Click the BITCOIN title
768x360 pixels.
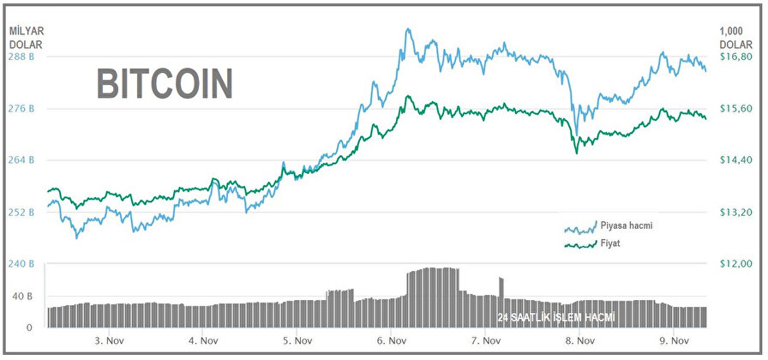[164, 84]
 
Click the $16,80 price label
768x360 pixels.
[735, 57]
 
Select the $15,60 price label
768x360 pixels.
[735, 109]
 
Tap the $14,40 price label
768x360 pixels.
[735, 160]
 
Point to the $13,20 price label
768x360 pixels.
[735, 212]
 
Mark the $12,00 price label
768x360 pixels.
[735, 263]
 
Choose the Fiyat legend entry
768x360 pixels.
[611, 243]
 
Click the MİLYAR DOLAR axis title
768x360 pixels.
[27, 37]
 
